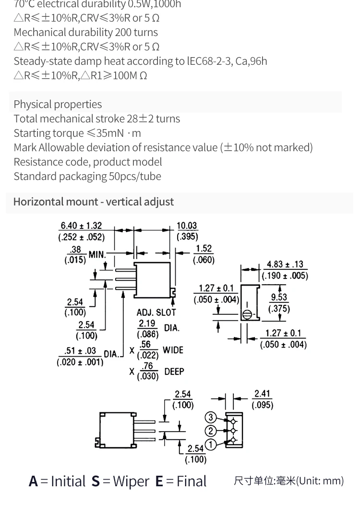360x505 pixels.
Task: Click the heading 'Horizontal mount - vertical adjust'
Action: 94,202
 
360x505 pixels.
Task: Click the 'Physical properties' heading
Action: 58,104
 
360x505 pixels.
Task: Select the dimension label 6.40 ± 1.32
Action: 81,226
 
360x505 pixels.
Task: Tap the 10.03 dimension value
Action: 187,226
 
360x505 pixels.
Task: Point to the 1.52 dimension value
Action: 204,249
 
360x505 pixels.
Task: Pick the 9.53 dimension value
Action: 279,297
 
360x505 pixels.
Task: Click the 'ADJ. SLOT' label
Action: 156,313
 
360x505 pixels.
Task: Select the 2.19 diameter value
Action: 147,324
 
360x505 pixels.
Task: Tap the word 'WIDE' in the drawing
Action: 173,350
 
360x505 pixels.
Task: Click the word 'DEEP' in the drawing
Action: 174,372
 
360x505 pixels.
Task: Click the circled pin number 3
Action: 211,417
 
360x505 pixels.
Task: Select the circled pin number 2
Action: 211,431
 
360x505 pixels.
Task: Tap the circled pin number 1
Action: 211,445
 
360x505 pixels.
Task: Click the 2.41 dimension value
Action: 262,394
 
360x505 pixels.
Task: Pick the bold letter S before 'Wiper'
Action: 96,481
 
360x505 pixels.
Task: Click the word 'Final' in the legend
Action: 192,481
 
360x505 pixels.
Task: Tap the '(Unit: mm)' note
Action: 320,481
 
